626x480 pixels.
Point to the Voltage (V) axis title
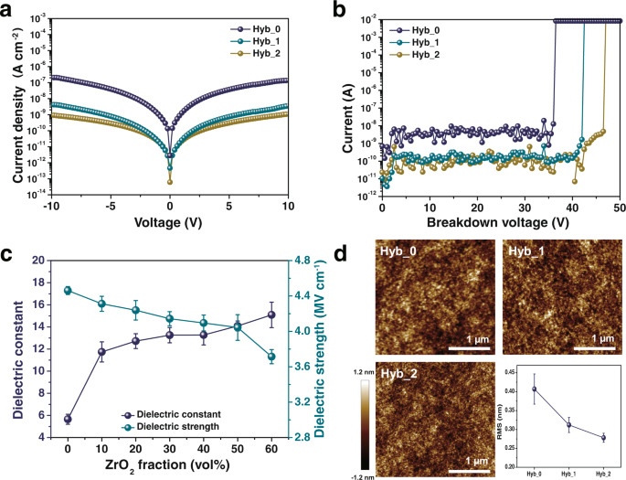pyautogui.click(x=170, y=222)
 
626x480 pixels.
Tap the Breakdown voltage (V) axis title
pyautogui.click(x=501, y=222)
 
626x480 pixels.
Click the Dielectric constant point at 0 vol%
pyautogui.click(x=68, y=419)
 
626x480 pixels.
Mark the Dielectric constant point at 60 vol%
pyautogui.click(x=271, y=315)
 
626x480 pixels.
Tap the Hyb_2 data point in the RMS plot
pyautogui.click(x=603, y=438)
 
